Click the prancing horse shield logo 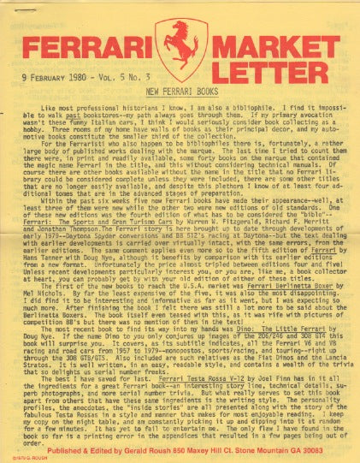180,50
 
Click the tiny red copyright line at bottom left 19,458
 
